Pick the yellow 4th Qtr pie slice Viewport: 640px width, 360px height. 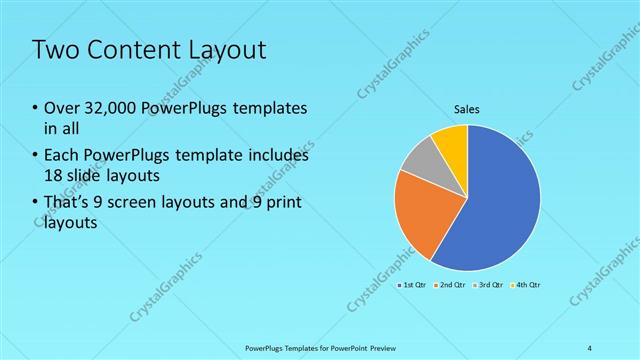point(452,141)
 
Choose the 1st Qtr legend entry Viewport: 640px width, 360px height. point(413,285)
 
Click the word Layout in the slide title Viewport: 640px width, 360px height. point(231,50)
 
